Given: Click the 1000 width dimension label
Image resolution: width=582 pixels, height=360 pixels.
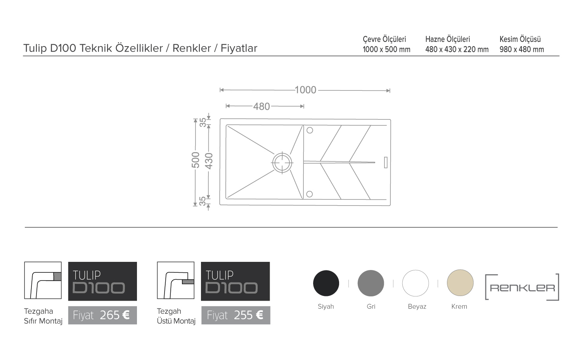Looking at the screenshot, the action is pyautogui.click(x=306, y=90).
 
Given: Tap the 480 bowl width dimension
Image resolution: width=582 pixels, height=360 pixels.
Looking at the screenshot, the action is pyautogui.click(x=262, y=107).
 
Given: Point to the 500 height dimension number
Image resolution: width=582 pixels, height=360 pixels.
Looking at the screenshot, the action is pyautogui.click(x=196, y=160).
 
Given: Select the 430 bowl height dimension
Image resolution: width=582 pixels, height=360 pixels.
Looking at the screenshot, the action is pyautogui.click(x=209, y=161).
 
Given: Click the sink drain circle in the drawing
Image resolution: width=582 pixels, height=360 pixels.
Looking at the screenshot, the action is pyautogui.click(x=282, y=163).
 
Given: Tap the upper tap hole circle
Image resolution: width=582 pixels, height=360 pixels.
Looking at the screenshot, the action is pyautogui.click(x=310, y=130).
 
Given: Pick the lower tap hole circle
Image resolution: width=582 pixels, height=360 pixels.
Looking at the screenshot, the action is pyautogui.click(x=310, y=194).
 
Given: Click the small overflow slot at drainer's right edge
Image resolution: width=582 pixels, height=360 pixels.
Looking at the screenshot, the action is pyautogui.click(x=386, y=162).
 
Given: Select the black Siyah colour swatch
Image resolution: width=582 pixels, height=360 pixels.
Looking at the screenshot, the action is pyautogui.click(x=326, y=283).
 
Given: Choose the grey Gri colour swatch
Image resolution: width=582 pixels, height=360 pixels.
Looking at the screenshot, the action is pyautogui.click(x=371, y=283).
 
